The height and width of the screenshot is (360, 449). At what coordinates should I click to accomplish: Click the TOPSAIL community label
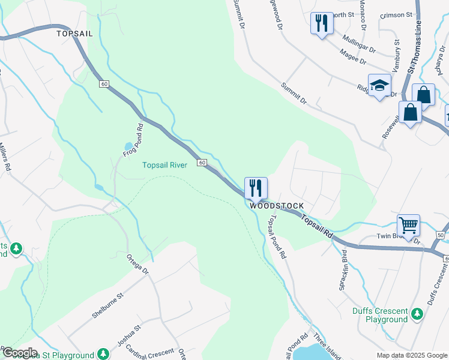[74, 34]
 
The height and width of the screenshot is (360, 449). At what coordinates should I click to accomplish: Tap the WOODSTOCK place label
[277, 206]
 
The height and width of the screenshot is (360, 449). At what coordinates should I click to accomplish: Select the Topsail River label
[164, 165]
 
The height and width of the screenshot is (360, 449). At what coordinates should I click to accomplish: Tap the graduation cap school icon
[379, 85]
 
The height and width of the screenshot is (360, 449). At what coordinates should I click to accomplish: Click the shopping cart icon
[408, 226]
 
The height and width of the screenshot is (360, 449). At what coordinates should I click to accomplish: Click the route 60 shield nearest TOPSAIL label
[104, 83]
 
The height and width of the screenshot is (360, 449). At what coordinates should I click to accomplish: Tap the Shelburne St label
[107, 305]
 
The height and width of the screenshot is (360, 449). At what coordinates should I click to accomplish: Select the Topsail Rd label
[316, 228]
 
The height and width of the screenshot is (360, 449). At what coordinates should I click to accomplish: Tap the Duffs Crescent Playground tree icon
[416, 313]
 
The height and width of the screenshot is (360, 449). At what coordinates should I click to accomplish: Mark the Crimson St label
[400, 13]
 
